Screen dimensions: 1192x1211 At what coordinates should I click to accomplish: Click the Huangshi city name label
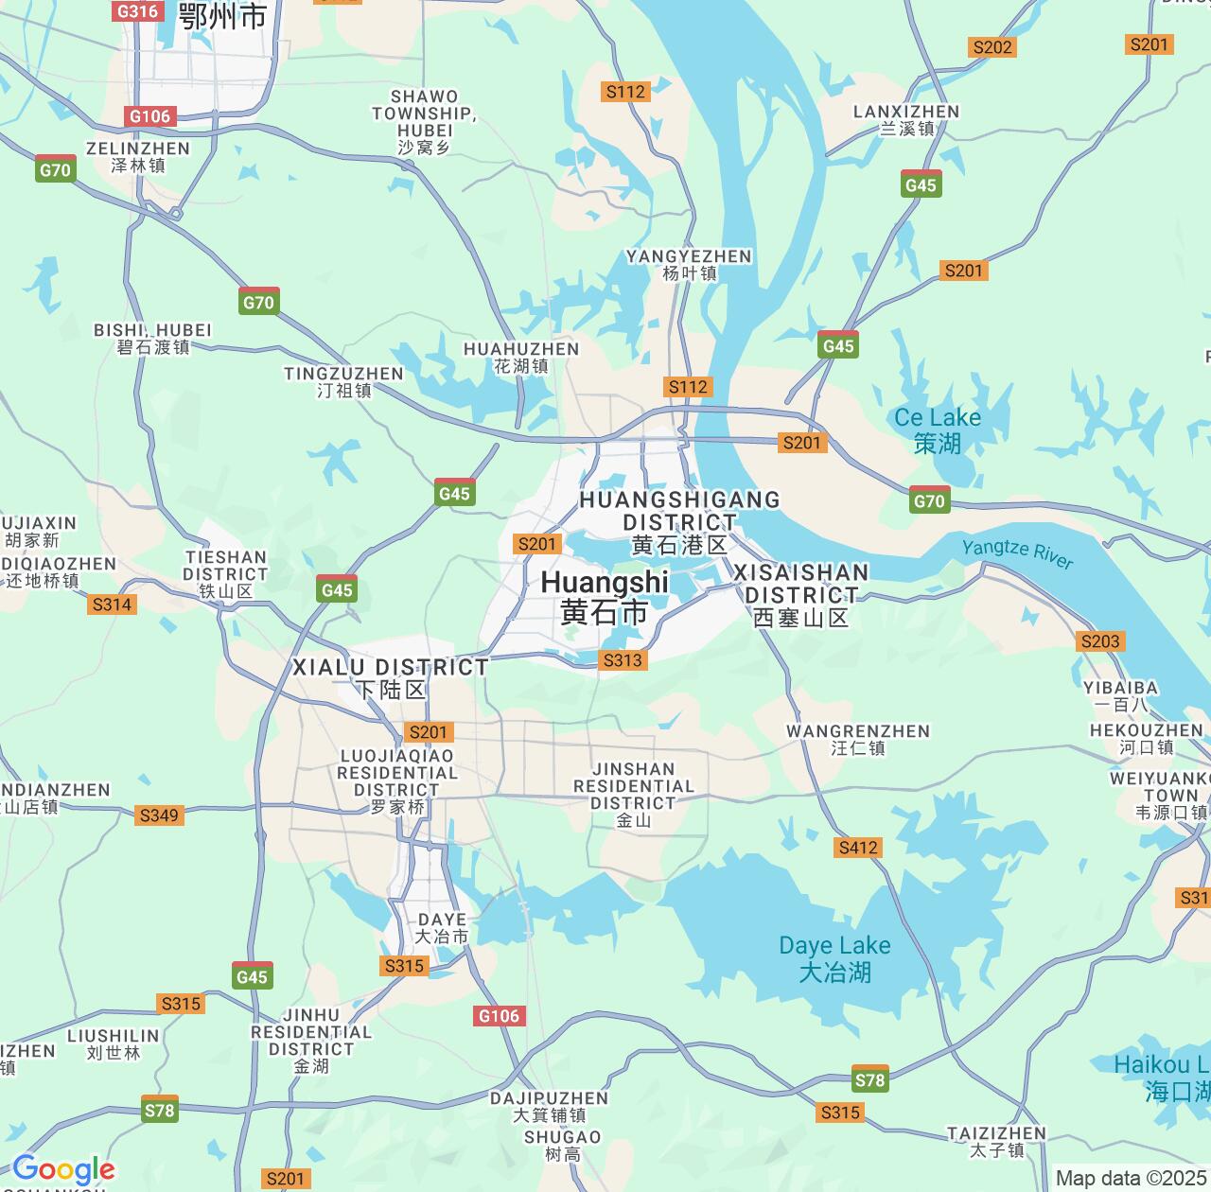click(605, 597)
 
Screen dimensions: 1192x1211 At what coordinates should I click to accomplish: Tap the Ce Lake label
click(938, 429)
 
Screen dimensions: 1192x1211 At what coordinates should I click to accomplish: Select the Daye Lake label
click(834, 957)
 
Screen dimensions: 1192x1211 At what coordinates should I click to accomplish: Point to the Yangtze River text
click(1017, 553)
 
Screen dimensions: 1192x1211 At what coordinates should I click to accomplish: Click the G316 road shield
click(137, 11)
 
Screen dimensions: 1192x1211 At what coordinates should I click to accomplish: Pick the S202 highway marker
click(992, 47)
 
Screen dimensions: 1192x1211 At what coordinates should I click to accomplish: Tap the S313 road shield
click(623, 660)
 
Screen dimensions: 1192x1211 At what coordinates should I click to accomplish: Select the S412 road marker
click(858, 848)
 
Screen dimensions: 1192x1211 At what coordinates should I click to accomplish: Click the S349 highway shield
click(158, 815)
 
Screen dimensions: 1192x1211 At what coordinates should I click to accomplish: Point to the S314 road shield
click(112, 605)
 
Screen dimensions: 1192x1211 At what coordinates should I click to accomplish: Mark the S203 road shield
click(1100, 641)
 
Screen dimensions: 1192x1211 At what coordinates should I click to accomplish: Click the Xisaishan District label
click(800, 595)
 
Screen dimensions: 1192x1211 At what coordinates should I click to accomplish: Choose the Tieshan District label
click(225, 573)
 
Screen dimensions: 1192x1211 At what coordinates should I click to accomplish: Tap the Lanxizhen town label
click(906, 119)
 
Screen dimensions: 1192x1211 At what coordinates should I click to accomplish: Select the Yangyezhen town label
click(689, 264)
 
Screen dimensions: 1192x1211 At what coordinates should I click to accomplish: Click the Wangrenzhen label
click(858, 739)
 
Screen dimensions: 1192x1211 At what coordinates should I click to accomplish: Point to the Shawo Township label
click(424, 121)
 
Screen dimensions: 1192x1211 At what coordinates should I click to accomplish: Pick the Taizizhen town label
click(996, 1141)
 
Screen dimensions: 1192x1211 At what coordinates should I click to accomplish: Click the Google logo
click(63, 1170)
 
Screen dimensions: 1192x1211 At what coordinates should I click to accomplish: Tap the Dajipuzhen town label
click(549, 1106)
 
